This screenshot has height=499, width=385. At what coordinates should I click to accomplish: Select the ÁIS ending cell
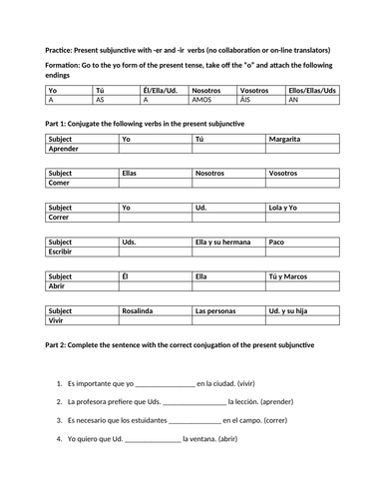pos(250,100)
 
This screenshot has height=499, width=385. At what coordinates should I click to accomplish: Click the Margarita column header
pos(288,138)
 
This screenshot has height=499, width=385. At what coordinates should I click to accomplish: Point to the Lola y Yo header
pos(289,208)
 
